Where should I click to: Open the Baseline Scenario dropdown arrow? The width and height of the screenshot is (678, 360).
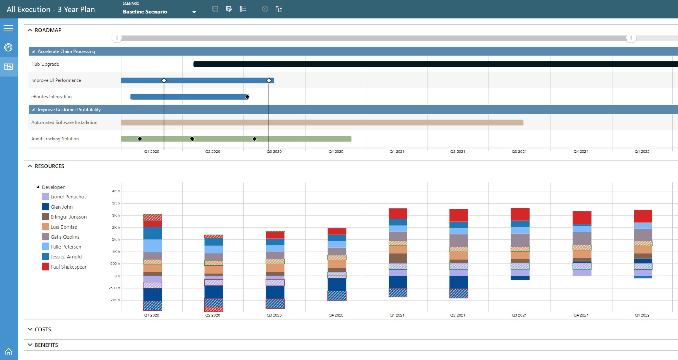194,12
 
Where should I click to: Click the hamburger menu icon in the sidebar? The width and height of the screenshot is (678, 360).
9,28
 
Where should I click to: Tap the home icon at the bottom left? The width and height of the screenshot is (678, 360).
9,352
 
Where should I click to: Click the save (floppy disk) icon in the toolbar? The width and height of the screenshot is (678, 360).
215,9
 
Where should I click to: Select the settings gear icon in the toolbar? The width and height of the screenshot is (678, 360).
265,9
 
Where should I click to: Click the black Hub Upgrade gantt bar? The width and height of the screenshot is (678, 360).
413,64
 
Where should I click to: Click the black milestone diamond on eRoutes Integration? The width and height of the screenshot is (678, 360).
247,97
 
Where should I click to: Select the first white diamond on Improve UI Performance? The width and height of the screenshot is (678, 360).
164,80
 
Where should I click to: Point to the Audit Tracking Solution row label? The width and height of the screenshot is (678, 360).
55,139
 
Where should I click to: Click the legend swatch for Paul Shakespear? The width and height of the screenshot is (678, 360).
45,266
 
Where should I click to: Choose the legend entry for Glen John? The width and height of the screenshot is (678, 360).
61,207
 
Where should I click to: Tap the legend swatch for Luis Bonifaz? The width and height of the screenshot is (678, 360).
45,227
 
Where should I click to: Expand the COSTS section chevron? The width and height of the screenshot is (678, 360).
30,329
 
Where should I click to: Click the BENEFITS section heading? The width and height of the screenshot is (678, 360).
46,345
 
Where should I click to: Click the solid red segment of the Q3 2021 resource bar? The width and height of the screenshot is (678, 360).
520,214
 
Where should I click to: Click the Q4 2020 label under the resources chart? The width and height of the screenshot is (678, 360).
336,315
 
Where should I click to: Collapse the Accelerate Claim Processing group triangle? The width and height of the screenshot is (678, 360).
33,51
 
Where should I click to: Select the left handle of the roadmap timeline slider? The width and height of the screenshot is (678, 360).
117,38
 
